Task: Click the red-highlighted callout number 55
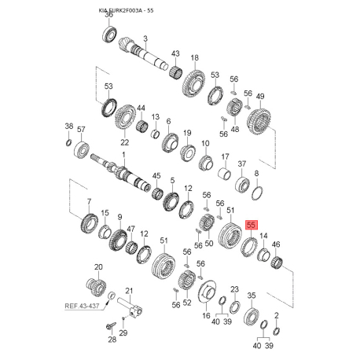coord(252,225)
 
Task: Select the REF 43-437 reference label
coord(86,307)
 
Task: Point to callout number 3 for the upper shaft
coord(145,38)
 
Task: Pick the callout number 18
coord(194,57)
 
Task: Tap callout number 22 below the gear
coord(124,142)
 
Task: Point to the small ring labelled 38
coord(69,142)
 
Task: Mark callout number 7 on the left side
coord(89,202)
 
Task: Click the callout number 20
coord(98,267)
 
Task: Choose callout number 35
coord(252,296)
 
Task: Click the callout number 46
coord(276,244)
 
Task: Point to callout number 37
coord(242,165)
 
